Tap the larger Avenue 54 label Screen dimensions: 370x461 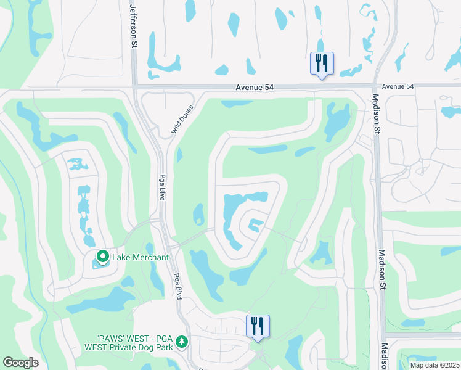point(254,88)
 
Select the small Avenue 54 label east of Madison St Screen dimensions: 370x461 point(398,86)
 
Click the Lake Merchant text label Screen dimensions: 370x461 point(140,257)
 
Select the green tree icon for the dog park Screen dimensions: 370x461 point(181,341)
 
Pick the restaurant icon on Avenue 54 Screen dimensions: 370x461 point(322,63)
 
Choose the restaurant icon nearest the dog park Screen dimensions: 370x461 point(258,325)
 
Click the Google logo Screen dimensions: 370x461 point(20,363)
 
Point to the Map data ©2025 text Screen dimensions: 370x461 point(434,365)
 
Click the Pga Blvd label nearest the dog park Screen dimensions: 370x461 point(177,286)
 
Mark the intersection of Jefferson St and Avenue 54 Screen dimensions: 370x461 point(134,88)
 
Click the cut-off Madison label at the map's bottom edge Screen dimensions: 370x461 point(383,356)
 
